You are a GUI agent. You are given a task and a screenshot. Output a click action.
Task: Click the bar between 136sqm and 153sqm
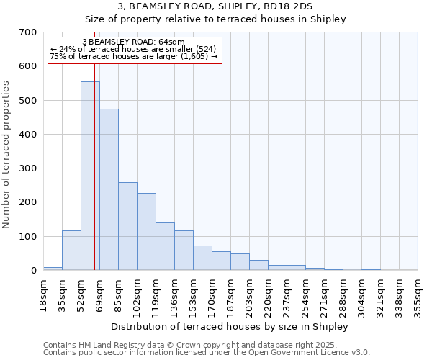pos(184,251)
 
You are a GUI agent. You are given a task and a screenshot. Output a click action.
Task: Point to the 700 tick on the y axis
pos(28,32)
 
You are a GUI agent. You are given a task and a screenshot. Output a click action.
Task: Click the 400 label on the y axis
pos(28,135)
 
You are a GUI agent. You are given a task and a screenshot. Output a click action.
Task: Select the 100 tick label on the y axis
pos(28,237)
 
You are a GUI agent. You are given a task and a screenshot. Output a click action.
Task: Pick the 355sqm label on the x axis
pos(418,295)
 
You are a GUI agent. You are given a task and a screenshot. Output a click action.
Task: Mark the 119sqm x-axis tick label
pos(156,295)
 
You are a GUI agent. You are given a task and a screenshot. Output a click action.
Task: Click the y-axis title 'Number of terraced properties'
pos(6,155)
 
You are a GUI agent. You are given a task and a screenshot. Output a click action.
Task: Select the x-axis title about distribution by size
pos(230,327)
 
